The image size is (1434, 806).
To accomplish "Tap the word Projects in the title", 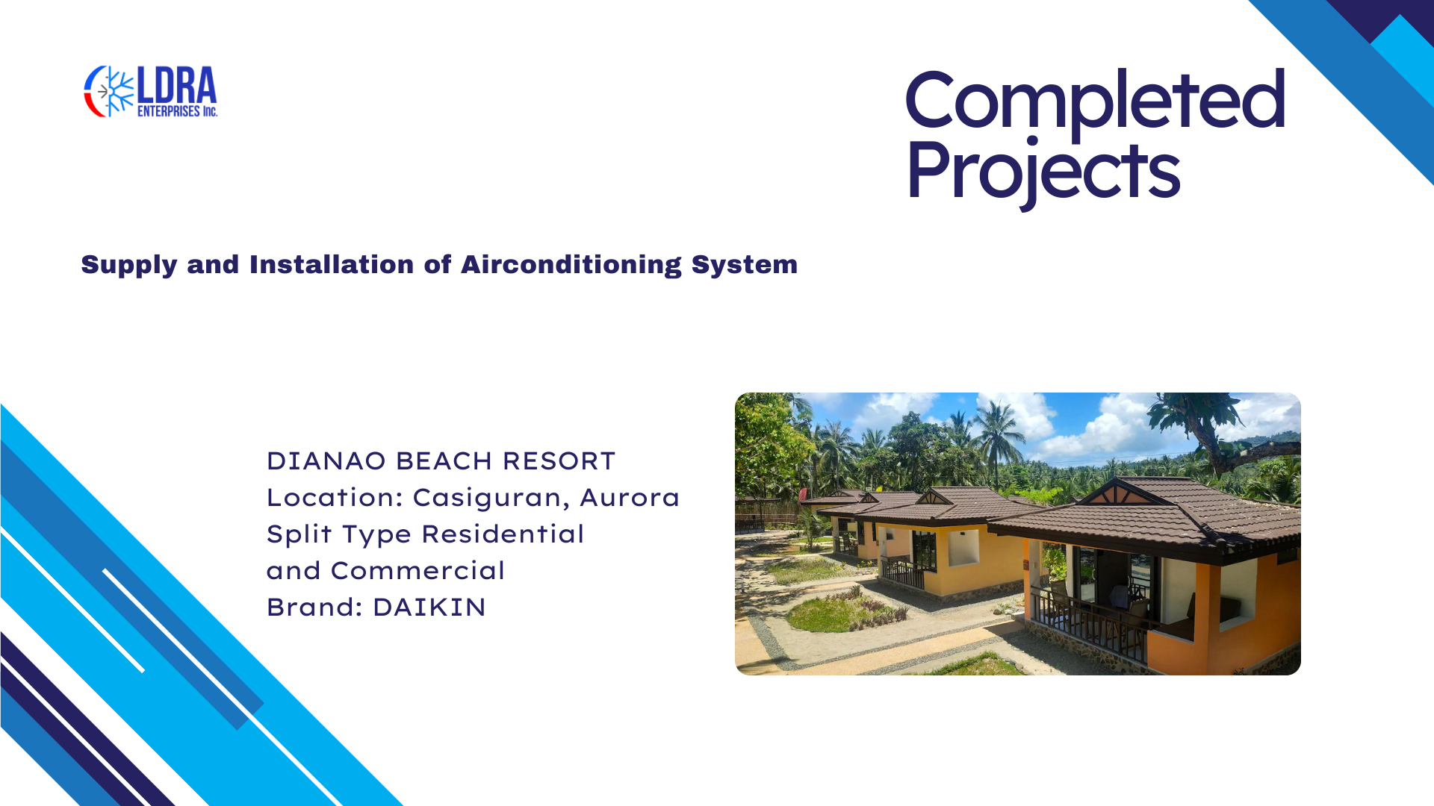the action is (1043, 172).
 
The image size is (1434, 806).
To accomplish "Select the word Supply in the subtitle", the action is (129, 266).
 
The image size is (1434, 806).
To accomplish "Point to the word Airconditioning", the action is (571, 266).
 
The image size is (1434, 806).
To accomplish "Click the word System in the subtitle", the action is (745, 266).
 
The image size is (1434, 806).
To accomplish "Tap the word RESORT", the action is (559, 461).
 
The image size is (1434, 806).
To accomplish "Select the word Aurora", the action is (630, 498).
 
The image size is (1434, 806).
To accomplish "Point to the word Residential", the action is (503, 534).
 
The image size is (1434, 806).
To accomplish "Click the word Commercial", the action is (418, 571).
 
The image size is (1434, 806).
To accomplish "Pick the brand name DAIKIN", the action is (429, 607).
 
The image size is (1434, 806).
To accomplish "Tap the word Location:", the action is (335, 498).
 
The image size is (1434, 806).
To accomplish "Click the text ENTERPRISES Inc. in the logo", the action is (177, 111).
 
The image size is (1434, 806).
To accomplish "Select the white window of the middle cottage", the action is (963, 547).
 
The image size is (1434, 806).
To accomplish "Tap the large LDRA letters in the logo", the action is (176, 85).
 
